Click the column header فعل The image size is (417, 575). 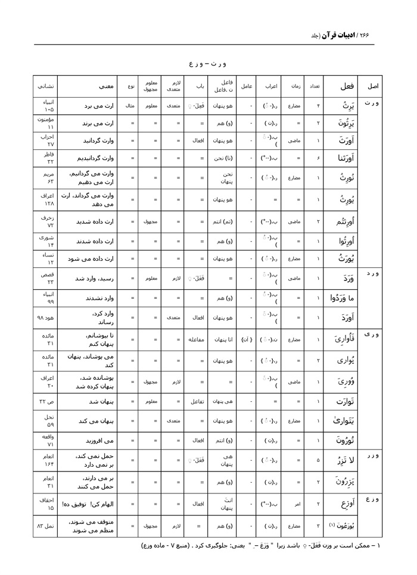[347, 86]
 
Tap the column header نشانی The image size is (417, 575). [46, 86]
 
